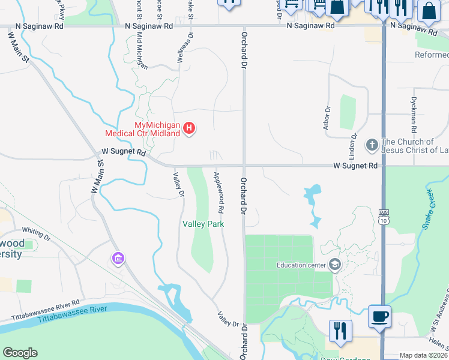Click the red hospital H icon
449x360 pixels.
(x=190, y=128)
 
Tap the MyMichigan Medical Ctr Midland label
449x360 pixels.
(x=142, y=129)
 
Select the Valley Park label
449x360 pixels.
(x=203, y=224)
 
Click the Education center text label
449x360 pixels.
(x=300, y=265)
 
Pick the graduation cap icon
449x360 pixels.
(x=335, y=265)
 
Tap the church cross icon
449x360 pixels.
(x=372, y=145)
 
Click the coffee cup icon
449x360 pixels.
(x=380, y=316)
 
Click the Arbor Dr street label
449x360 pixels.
(x=327, y=118)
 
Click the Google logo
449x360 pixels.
(x=20, y=353)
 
